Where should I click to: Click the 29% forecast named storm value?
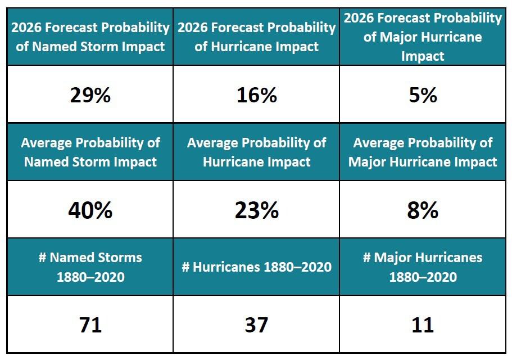(x=90, y=95)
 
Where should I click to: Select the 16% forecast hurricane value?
(x=256, y=95)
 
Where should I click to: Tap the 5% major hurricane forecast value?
(x=423, y=95)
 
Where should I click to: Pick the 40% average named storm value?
(x=90, y=210)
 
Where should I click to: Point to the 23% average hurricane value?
(x=256, y=210)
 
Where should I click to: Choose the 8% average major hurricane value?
(x=423, y=210)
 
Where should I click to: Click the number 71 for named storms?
(x=90, y=325)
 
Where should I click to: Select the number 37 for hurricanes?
(x=256, y=325)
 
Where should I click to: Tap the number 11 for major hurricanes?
(x=423, y=325)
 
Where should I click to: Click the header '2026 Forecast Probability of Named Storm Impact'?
(x=90, y=36)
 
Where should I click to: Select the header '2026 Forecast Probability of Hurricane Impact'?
(x=256, y=36)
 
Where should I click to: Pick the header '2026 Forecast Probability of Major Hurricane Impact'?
(x=423, y=37)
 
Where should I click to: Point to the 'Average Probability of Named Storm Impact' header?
(x=90, y=152)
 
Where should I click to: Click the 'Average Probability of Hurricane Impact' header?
(x=256, y=152)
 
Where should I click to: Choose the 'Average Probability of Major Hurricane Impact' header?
(x=423, y=152)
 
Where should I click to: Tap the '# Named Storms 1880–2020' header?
(x=90, y=267)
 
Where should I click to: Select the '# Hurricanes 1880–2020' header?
(x=256, y=267)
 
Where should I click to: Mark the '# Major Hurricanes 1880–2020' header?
(x=423, y=267)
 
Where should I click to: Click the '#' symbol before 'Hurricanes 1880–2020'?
(x=185, y=267)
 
